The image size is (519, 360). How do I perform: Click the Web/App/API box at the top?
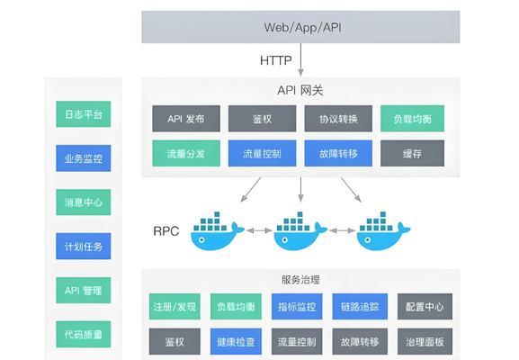pyautogui.click(x=300, y=27)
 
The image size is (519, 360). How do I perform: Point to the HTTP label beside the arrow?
pyautogui.click(x=276, y=60)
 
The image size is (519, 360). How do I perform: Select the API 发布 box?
pyautogui.click(x=186, y=119)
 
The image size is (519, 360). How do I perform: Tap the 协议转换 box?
pyautogui.click(x=338, y=119)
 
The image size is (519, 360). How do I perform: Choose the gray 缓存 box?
pyautogui.click(x=413, y=153)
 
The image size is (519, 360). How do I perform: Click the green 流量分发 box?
pyautogui.click(x=186, y=153)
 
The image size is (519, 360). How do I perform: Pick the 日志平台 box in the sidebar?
pyautogui.click(x=84, y=114)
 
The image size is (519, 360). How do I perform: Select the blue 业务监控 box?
pyautogui.click(x=84, y=158)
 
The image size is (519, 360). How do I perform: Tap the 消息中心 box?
pyautogui.click(x=84, y=202)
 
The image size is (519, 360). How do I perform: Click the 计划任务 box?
pyautogui.click(x=84, y=247)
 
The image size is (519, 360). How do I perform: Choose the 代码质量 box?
pyautogui.click(x=84, y=334)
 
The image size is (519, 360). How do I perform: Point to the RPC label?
pyautogui.click(x=166, y=230)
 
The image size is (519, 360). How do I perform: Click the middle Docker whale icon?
pyautogui.click(x=300, y=230)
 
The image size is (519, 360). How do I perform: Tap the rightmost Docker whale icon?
pyautogui.click(x=383, y=230)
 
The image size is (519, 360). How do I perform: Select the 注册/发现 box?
pyautogui.click(x=174, y=307)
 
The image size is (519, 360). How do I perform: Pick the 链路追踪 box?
pyautogui.click(x=360, y=307)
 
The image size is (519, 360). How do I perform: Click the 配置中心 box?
pyautogui.click(x=425, y=307)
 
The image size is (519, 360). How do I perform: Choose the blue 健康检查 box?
pyautogui.click(x=236, y=341)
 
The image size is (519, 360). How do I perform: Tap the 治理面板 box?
pyautogui.click(x=425, y=341)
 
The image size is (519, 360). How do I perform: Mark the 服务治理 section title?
pyautogui.click(x=300, y=280)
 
